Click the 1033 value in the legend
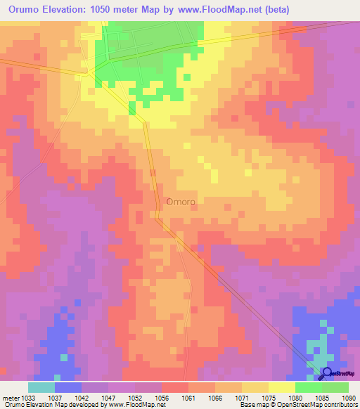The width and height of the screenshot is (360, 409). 28,397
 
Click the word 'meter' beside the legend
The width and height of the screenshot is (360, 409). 11,397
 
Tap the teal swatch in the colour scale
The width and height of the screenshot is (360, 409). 41,387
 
